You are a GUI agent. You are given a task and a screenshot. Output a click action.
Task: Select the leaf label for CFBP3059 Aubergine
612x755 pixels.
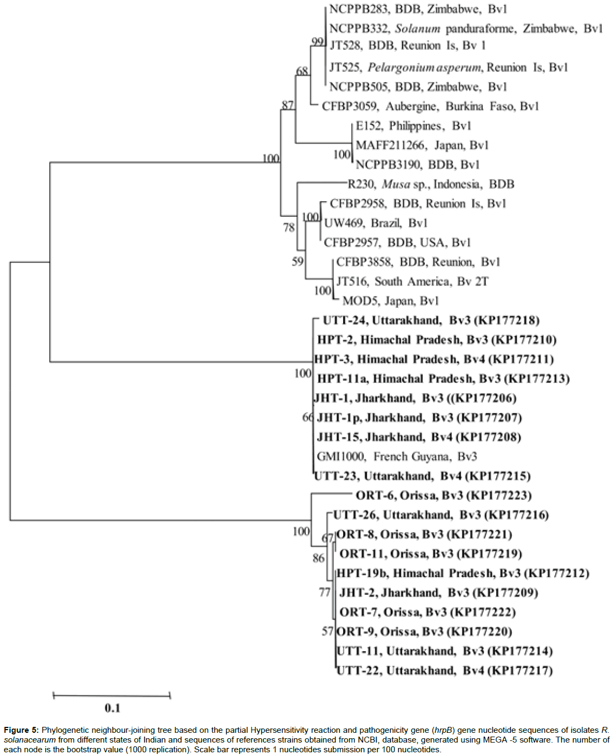(430, 106)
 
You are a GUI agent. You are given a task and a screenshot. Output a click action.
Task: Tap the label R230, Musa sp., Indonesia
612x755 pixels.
(430, 184)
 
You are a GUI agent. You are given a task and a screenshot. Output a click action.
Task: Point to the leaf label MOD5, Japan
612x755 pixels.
(390, 301)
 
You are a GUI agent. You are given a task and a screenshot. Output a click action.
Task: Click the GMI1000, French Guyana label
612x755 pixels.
(397, 456)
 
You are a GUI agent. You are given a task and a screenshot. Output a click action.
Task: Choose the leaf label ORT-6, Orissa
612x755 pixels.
(443, 495)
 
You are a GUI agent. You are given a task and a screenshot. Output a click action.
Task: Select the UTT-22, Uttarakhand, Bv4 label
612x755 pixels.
(444, 671)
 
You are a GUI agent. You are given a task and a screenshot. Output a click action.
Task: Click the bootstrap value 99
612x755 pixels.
(318, 42)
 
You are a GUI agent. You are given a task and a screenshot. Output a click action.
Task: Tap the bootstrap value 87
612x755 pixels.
(287, 105)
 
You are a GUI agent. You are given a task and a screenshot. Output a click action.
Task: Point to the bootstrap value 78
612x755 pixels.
(289, 227)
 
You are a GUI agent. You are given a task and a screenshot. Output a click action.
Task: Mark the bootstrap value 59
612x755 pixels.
(298, 262)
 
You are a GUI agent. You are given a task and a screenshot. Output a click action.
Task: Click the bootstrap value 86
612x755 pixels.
(318, 558)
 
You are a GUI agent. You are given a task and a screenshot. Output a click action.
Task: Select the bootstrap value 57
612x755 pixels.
(327, 631)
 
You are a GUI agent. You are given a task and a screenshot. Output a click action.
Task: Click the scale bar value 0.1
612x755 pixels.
(112, 708)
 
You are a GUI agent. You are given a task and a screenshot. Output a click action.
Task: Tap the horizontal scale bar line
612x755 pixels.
(111, 696)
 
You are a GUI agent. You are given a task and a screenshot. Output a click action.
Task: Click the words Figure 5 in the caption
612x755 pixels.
(21, 730)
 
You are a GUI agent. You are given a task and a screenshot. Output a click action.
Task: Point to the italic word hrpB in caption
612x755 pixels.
(444, 730)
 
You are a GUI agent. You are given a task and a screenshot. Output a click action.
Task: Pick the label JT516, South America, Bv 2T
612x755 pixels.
(412, 281)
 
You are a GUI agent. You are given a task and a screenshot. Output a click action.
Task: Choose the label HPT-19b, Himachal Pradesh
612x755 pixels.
(462, 573)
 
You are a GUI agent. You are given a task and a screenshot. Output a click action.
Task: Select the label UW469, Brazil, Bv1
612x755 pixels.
(375, 223)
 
